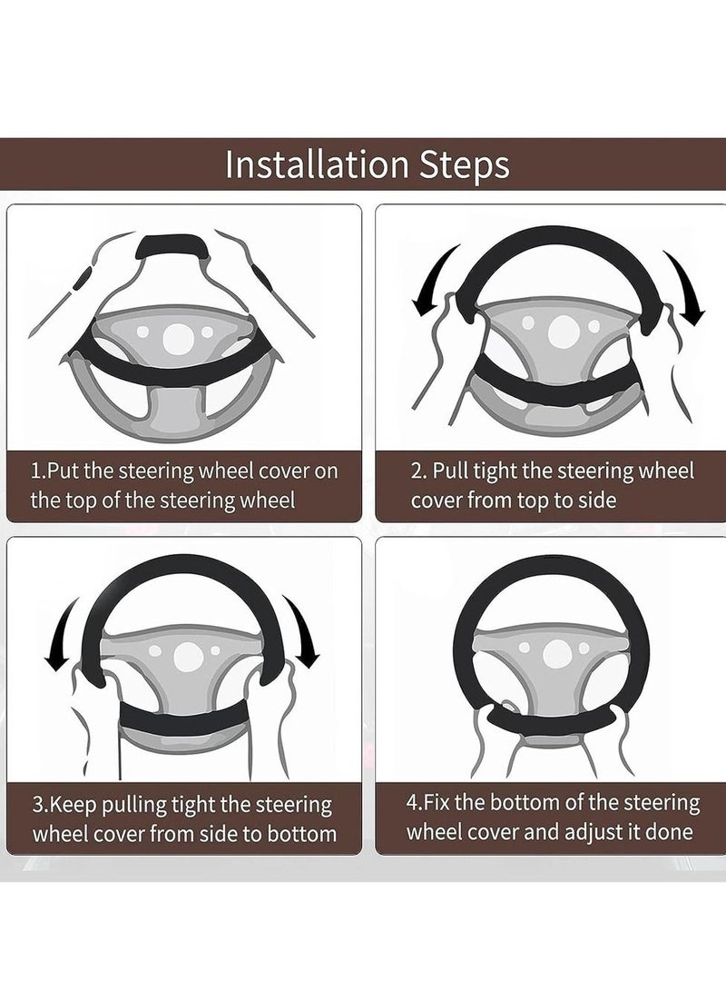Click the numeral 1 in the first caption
click(36, 471)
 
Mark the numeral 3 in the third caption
click(37, 806)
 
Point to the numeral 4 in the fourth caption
click(411, 804)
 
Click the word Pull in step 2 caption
click(449, 471)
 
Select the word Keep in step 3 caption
click(72, 806)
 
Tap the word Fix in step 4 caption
click(437, 804)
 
